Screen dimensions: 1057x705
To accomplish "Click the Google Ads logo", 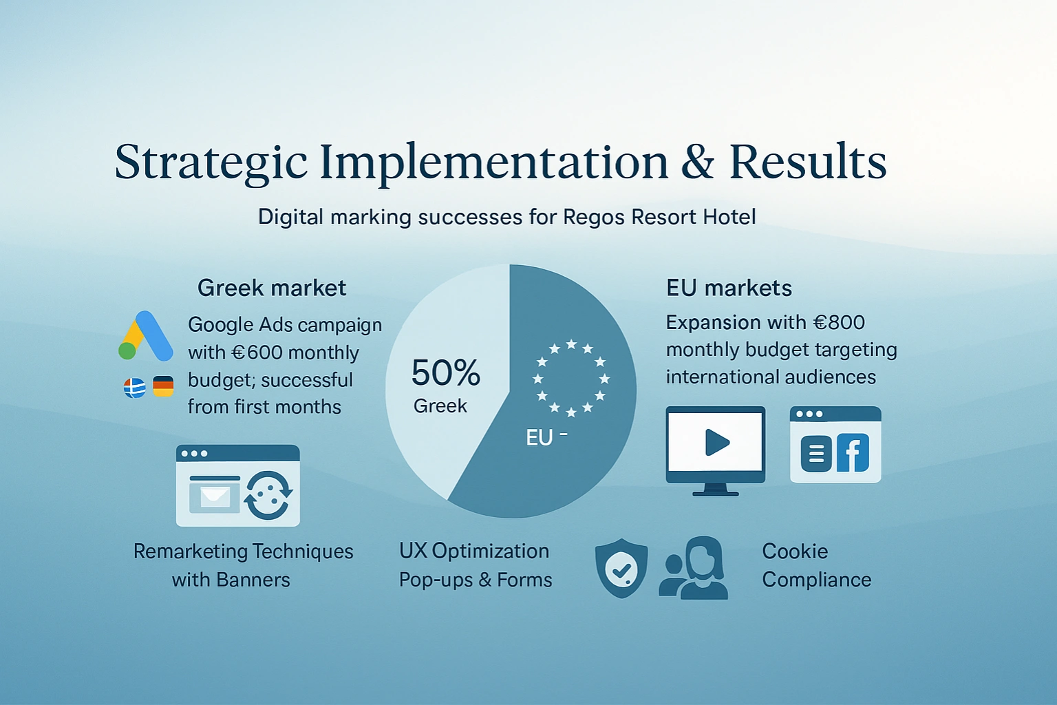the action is click(x=145, y=336).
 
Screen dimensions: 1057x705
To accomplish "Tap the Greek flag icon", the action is click(x=135, y=388).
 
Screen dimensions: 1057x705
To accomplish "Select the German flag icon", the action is click(x=163, y=386).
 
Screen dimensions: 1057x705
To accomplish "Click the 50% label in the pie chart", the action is click(x=445, y=372).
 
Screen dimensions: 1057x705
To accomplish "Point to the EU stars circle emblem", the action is click(x=571, y=378).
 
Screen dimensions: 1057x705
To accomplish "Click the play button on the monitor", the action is click(x=717, y=443).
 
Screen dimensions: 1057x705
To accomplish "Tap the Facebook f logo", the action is click(x=853, y=453).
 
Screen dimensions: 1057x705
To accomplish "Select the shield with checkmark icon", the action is click(x=621, y=568).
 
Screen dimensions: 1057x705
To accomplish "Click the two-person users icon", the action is click(x=694, y=567).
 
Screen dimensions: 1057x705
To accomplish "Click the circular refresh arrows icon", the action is click(x=268, y=495).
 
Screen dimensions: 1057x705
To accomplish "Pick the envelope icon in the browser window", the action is click(x=215, y=495).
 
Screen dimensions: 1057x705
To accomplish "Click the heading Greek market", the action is click(x=272, y=288).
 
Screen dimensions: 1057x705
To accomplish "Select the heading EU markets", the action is click(x=729, y=288).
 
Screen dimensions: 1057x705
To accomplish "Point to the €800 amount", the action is click(x=839, y=322).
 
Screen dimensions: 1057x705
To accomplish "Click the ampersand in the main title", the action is click(x=697, y=161).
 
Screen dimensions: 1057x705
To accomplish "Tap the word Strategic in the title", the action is click(x=211, y=162).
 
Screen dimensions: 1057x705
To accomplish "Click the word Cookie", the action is click(x=795, y=551).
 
